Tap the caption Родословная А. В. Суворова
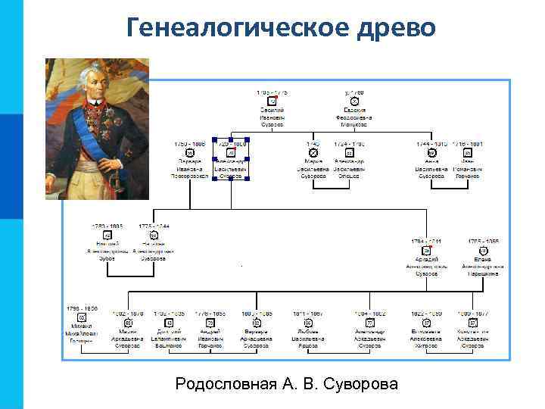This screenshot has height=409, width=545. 286,384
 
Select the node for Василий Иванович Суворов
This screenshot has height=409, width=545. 272,111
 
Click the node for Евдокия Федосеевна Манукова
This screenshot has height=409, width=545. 354,111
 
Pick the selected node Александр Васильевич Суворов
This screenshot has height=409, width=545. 231,160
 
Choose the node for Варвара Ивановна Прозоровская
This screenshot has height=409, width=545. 190,161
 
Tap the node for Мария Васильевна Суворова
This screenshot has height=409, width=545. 313,161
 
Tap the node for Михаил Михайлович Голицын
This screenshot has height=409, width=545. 81,328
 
